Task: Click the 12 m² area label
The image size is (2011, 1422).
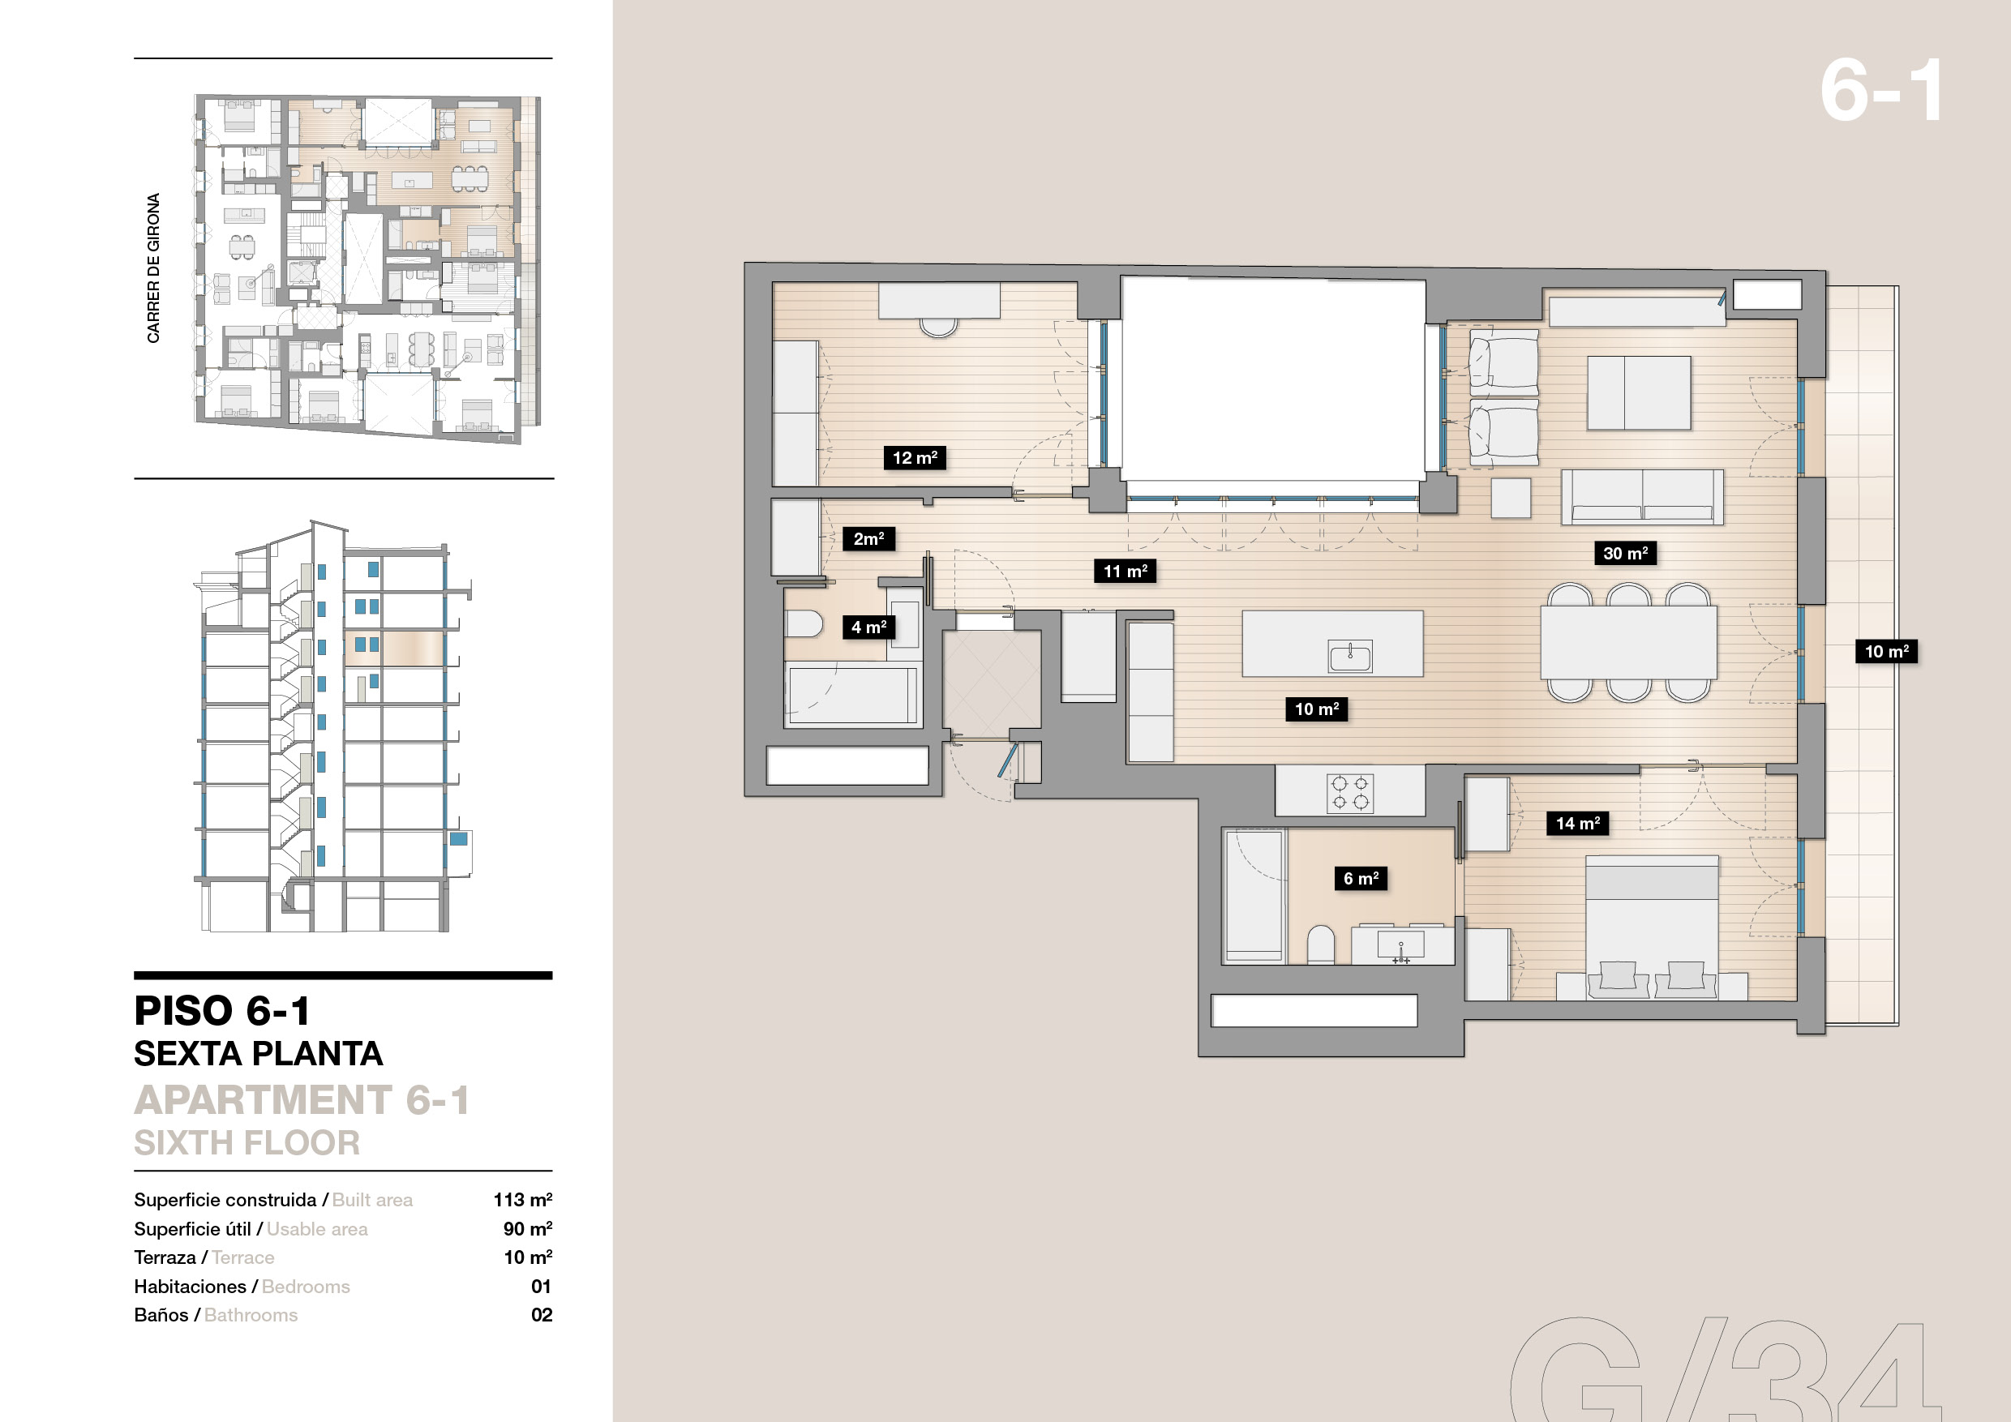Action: pos(915,457)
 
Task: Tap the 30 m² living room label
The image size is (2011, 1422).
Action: pos(1625,553)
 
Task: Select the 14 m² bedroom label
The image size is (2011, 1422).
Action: pos(1577,822)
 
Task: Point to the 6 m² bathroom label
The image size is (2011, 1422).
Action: pos(1360,877)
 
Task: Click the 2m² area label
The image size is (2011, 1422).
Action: pos(868,538)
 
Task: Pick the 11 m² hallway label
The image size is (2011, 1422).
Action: pos(1126,571)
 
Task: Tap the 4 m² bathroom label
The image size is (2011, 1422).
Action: pos(868,627)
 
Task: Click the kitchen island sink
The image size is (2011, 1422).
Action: pos(1349,656)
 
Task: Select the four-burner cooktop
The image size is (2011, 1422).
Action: pos(1349,792)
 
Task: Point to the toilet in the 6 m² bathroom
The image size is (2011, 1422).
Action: pos(1320,945)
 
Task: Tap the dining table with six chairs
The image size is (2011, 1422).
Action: pos(1628,643)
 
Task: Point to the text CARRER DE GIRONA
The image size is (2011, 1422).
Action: pos(153,268)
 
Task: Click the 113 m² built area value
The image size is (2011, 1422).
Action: pos(522,1200)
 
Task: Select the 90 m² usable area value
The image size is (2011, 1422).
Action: pos(527,1228)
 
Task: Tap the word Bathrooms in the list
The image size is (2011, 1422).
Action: pos(251,1314)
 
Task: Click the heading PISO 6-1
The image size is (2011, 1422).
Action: pos(221,1010)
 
